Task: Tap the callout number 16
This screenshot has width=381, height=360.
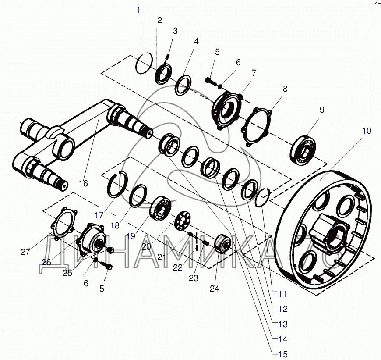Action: point(84,183)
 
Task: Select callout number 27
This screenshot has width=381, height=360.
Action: point(25,251)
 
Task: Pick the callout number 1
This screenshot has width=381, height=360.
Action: point(139,9)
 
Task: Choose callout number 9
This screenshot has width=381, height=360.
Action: point(322,110)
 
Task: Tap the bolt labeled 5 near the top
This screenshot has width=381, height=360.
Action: point(211,81)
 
